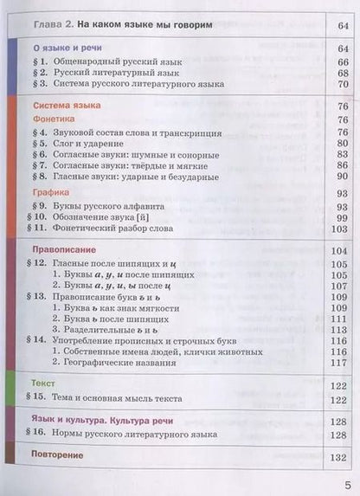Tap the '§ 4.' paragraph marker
coord(43,133)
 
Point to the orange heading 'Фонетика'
coord(54,119)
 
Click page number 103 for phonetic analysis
coord(337,229)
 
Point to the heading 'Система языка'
coord(65,104)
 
